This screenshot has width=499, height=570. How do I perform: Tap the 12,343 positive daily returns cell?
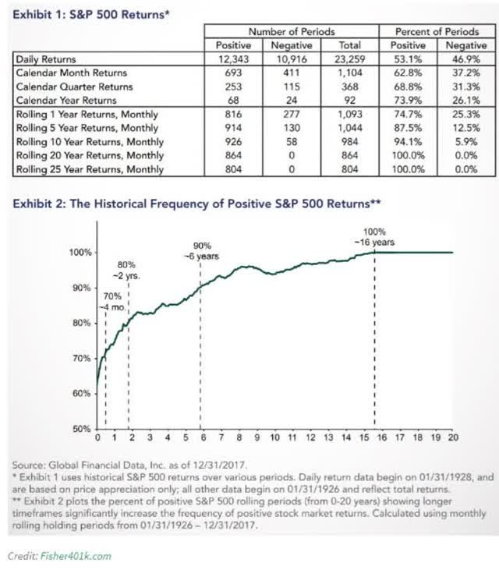click(x=232, y=58)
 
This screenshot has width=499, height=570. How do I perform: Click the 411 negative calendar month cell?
click(x=290, y=73)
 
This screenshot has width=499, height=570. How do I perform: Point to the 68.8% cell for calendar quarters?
click(x=410, y=87)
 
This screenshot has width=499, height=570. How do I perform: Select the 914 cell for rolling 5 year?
click(x=232, y=128)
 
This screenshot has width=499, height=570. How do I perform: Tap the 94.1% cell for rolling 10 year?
click(x=410, y=142)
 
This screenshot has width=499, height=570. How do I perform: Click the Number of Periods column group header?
click(x=291, y=31)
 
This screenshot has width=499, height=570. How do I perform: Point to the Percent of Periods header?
click(x=439, y=31)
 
